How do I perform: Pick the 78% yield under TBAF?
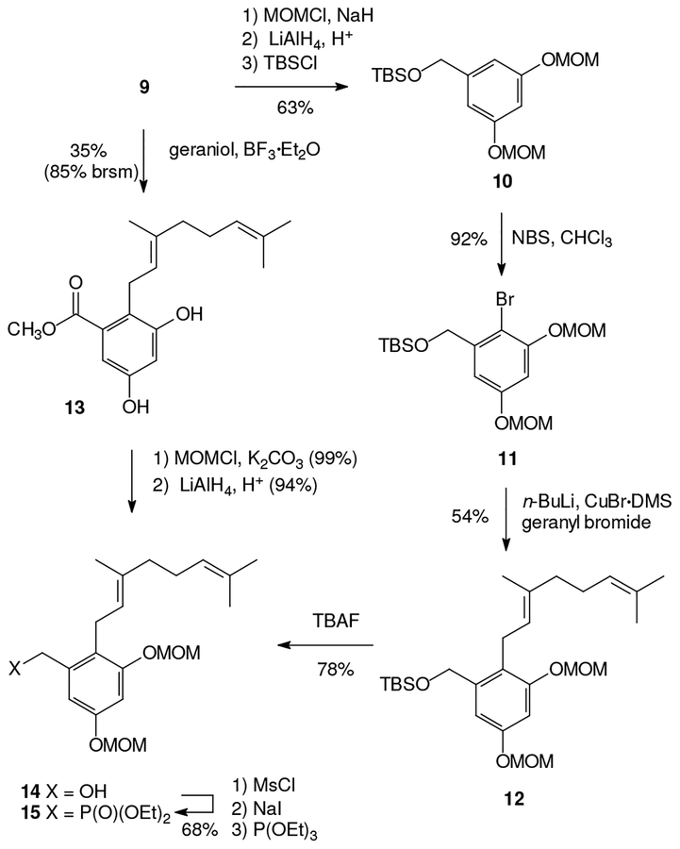pyautogui.click(x=335, y=671)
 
